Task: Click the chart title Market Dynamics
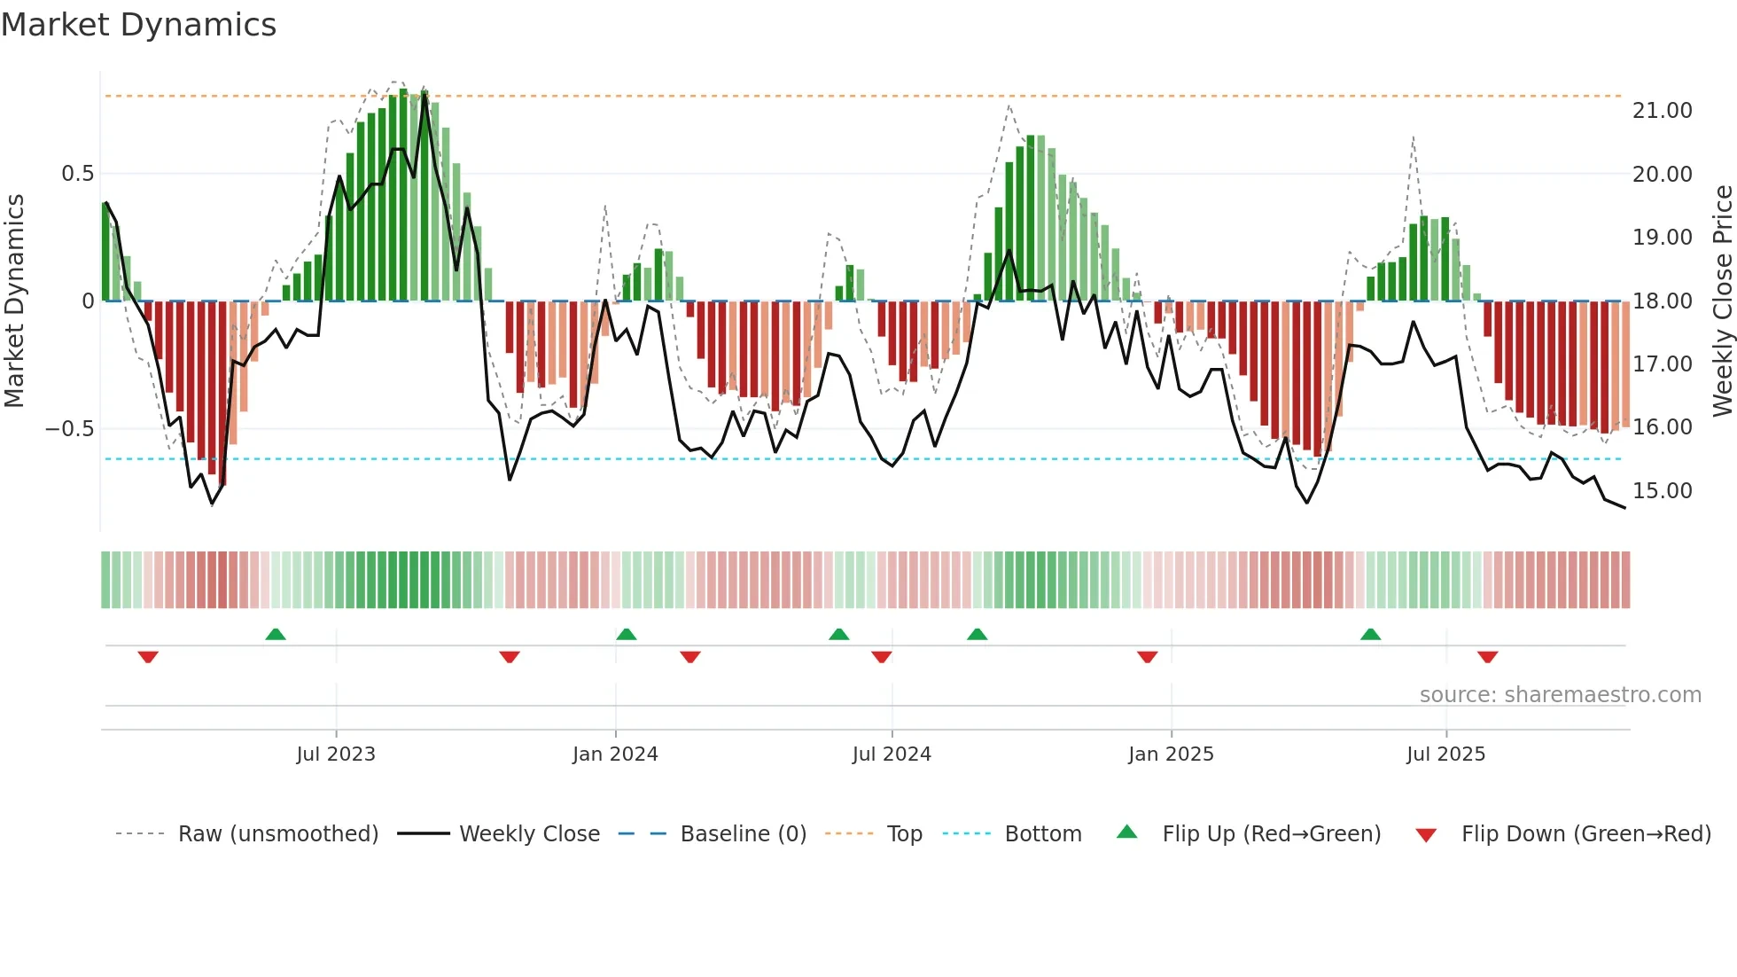tap(138, 25)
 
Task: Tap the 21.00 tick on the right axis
tap(1662, 111)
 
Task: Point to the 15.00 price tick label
tap(1662, 490)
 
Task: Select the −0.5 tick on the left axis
tap(69, 429)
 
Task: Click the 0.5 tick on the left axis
tap(77, 174)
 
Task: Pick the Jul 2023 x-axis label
tap(336, 754)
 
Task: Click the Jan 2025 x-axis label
tap(1171, 754)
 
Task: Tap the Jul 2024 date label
tap(892, 754)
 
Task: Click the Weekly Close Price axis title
tap(1722, 301)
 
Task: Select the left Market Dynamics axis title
tap(14, 301)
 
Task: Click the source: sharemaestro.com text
tap(1560, 695)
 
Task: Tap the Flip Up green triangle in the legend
tap(1126, 832)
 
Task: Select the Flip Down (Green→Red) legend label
tap(1585, 834)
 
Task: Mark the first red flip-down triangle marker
tap(148, 657)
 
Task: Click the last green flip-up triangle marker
tap(1370, 634)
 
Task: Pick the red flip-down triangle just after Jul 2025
tap(1487, 657)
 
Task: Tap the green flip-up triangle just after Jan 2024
tap(627, 634)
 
